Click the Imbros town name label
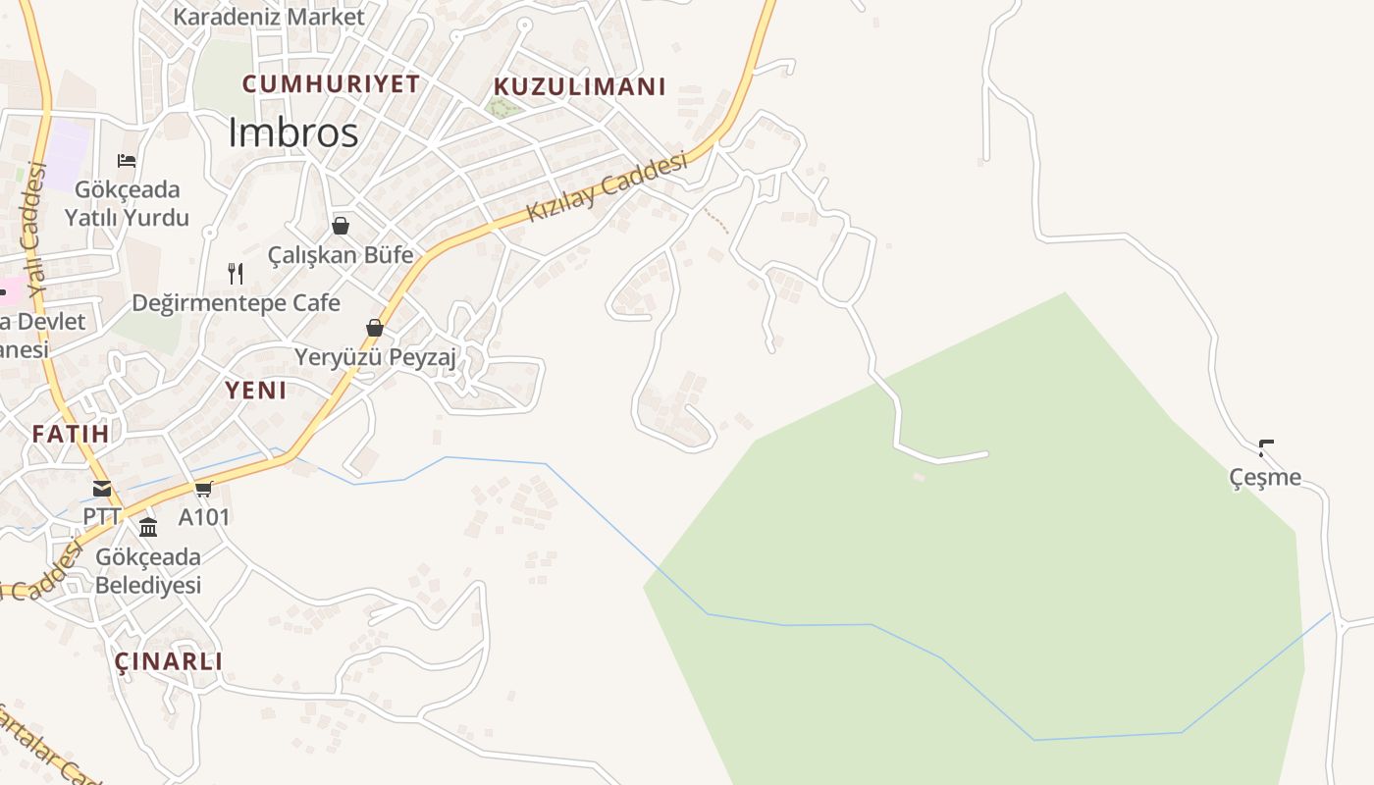[x=292, y=132]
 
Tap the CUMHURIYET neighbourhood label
[x=331, y=84]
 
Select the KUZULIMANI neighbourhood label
[x=579, y=86]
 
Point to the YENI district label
[x=256, y=391]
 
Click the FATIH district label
[x=70, y=434]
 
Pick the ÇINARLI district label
[x=169, y=661]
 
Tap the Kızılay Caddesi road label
[x=607, y=187]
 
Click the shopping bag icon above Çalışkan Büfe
[x=341, y=227]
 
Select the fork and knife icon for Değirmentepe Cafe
[x=236, y=273]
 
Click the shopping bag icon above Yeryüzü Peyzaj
[x=374, y=328]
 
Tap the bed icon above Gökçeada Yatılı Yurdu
[x=127, y=161]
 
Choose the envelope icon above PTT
[x=102, y=489]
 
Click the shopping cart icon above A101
[x=203, y=489]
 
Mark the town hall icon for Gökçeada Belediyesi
[x=148, y=528]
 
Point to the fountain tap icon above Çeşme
[x=1266, y=448]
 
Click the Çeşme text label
[x=1265, y=478]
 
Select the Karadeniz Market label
[x=268, y=17]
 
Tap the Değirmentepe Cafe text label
[x=236, y=303]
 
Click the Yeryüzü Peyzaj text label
[x=376, y=357]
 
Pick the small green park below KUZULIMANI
[x=504, y=108]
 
